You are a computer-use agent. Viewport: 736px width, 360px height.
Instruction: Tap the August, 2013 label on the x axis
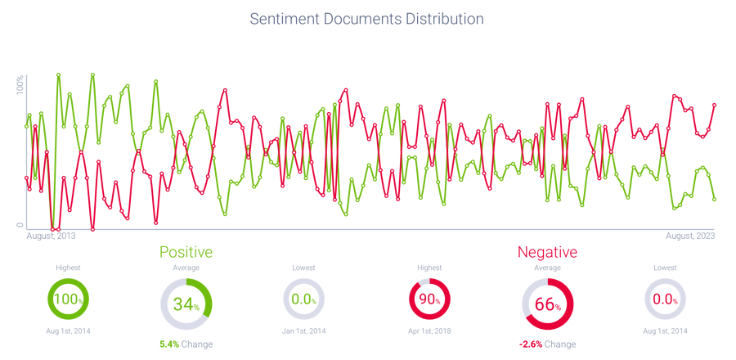click(52, 236)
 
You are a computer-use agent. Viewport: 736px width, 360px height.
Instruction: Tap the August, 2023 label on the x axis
click(691, 236)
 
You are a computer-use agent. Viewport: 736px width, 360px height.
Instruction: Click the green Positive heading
click(186, 252)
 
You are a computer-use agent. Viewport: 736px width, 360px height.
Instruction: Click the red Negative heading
click(547, 252)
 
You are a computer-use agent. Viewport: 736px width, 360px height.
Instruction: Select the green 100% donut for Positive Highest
click(68, 299)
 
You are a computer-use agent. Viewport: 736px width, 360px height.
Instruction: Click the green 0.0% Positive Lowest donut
click(303, 299)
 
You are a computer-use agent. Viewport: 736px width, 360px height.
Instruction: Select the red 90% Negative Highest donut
click(429, 299)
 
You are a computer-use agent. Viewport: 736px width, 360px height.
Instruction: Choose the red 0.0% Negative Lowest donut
click(666, 299)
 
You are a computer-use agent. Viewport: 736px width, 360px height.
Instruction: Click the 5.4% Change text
click(186, 344)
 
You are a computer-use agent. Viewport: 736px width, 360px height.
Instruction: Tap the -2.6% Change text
click(547, 344)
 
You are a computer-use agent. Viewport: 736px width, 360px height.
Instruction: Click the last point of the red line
click(715, 105)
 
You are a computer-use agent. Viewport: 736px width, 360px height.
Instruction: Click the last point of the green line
click(715, 200)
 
